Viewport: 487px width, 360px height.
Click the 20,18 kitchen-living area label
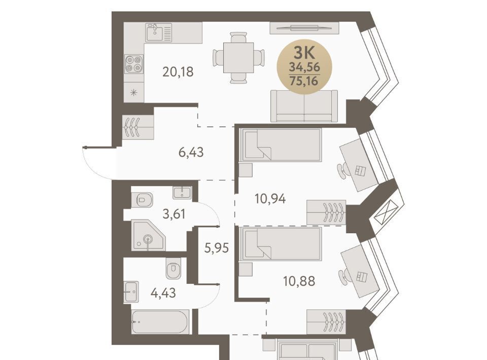[x=178, y=72]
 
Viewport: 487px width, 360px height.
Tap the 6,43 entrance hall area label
[x=191, y=153]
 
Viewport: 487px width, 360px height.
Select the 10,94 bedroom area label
[x=270, y=199]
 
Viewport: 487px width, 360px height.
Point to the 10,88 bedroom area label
[x=299, y=281]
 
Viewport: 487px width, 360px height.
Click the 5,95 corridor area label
[x=217, y=248]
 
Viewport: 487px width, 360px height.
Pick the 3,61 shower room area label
[x=174, y=214]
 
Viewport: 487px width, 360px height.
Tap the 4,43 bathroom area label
[x=163, y=293]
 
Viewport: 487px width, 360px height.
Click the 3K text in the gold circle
[x=304, y=53]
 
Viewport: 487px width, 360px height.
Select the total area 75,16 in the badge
[x=304, y=81]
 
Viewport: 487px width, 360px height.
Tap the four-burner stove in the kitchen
[x=134, y=64]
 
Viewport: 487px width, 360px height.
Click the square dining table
[x=238, y=58]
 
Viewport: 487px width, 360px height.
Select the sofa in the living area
[x=304, y=106]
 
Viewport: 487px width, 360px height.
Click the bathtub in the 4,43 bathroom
[x=159, y=321]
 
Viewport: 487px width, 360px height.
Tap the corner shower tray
[x=148, y=235]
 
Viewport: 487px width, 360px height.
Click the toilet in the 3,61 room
[x=142, y=200]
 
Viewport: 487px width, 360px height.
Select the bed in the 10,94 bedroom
[x=281, y=145]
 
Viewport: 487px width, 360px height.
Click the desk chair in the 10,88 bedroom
[x=343, y=276]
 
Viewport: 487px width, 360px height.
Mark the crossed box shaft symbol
[x=386, y=212]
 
